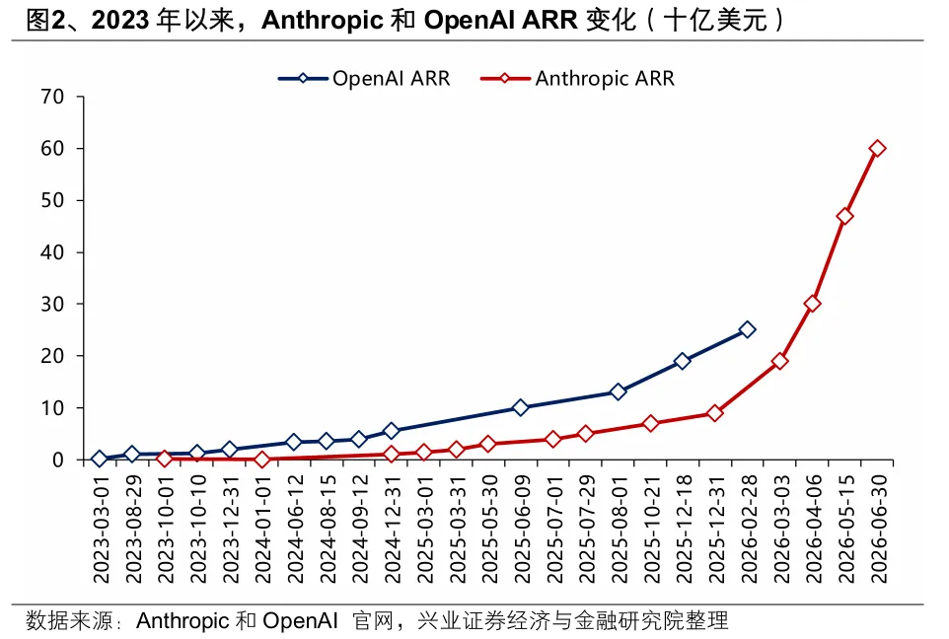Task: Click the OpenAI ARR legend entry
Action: (364, 79)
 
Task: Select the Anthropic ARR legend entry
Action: (577, 79)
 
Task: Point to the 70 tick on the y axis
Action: (52, 97)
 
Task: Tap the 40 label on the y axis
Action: (52, 251)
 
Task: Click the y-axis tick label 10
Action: (52, 408)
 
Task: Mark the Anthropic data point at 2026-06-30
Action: (877, 148)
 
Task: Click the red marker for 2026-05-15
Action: (844, 216)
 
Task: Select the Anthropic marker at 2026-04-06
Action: (812, 304)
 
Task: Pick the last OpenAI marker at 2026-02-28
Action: (748, 329)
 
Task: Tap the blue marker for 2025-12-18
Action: (683, 361)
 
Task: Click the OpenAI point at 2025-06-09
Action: (521, 408)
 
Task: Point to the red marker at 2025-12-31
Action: (715, 413)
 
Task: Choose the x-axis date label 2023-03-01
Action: (101, 529)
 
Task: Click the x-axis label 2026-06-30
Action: (878, 529)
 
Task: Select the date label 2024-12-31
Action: (392, 529)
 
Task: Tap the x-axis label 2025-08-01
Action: (619, 529)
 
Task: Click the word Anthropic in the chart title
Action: (323, 20)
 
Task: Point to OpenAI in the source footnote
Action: (300, 620)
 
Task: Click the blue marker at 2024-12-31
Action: (391, 431)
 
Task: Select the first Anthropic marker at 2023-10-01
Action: (165, 459)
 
